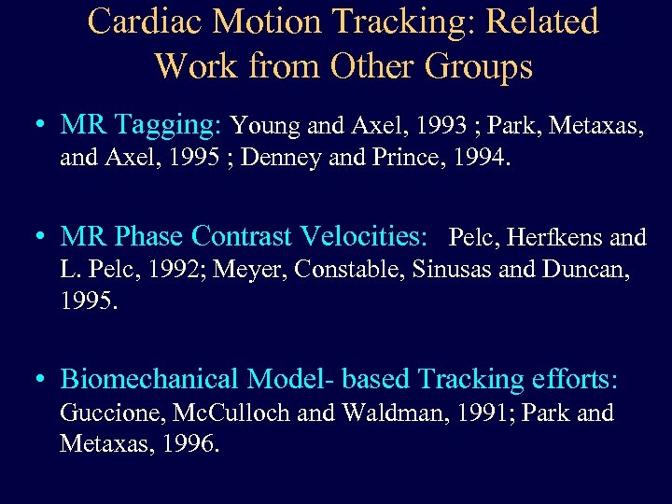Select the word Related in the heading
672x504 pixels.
[x=539, y=21]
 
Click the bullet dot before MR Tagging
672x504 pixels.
[x=39, y=124]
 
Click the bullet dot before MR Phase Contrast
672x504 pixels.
[x=39, y=237]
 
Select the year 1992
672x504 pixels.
[x=177, y=271]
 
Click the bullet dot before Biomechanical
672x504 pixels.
[x=39, y=379]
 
